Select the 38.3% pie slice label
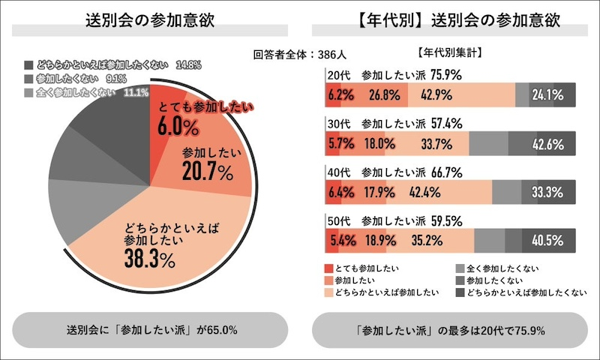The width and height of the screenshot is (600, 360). point(150,259)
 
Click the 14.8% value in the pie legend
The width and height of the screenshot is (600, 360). point(187,65)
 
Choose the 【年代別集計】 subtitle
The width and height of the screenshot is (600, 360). point(448,53)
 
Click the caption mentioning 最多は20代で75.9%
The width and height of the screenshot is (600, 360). point(449,330)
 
